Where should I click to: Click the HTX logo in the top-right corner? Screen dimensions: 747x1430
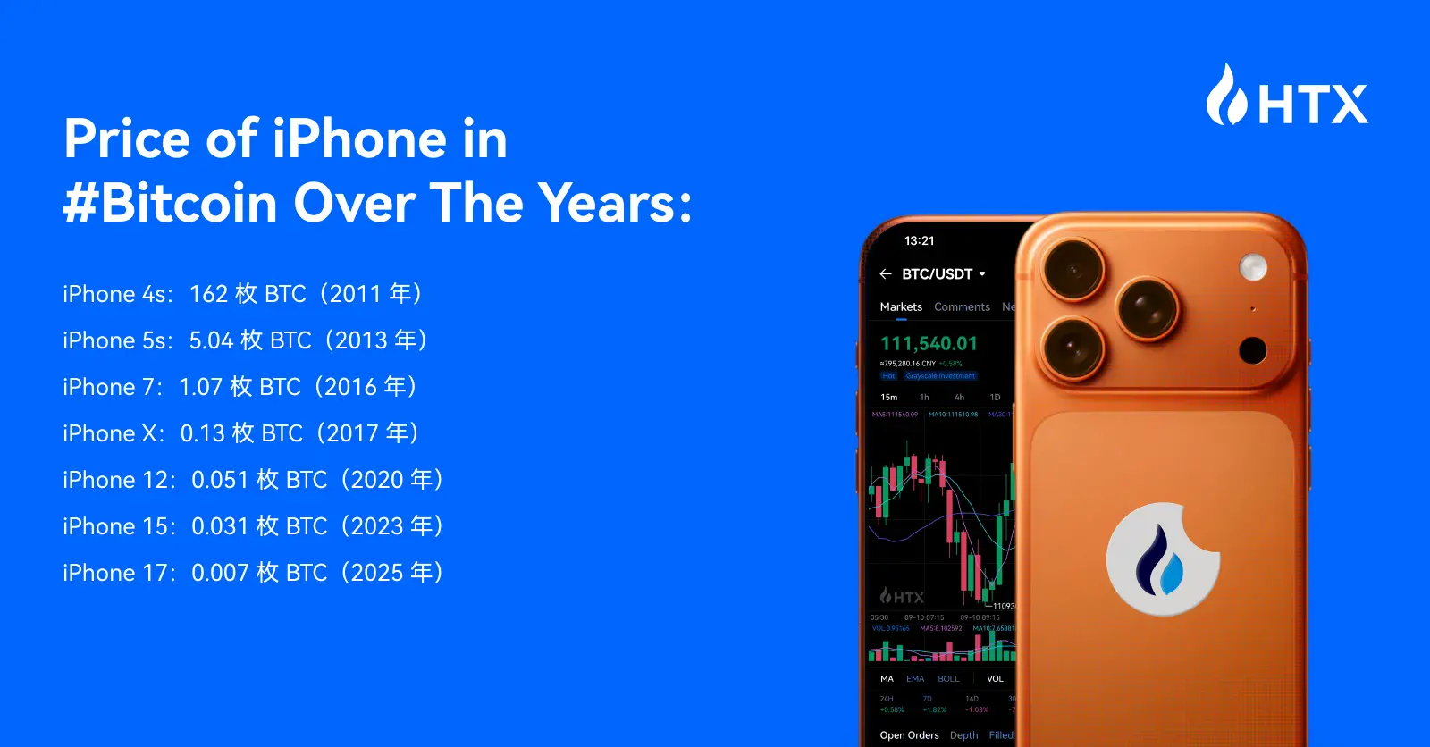[x=1287, y=97]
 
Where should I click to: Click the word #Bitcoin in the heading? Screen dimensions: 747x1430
[x=171, y=203]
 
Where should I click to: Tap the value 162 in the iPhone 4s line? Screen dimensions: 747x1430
[x=209, y=294]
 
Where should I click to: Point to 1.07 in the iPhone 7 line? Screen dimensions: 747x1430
[x=200, y=387]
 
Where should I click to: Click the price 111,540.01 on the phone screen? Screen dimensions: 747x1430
[x=929, y=343]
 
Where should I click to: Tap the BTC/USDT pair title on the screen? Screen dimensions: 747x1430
[x=937, y=274]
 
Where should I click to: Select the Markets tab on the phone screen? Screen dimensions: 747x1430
[x=901, y=306]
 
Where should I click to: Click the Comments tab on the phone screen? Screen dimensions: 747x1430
[x=962, y=306]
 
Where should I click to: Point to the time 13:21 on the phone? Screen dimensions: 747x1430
[x=919, y=240]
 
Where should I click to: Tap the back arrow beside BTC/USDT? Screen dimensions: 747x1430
[x=886, y=274]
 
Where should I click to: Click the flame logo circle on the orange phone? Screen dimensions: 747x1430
[x=1162, y=559]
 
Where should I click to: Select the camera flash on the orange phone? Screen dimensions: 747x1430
[x=1253, y=266]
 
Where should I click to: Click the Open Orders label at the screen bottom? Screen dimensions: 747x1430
[x=909, y=735]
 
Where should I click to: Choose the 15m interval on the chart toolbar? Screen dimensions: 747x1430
[x=888, y=397]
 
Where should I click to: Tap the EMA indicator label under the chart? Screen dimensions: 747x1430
[x=915, y=679]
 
